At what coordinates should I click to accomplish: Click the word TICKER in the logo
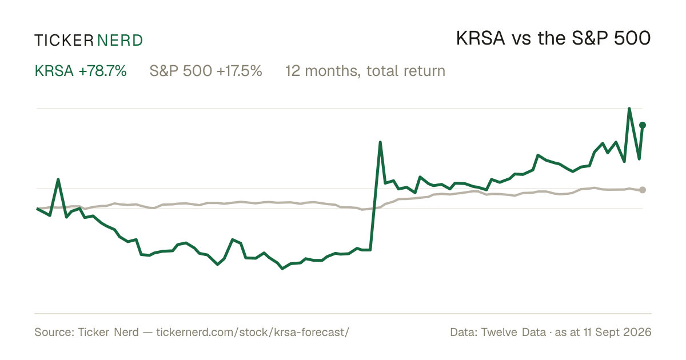[64, 41]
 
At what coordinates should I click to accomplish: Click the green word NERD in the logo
[120, 41]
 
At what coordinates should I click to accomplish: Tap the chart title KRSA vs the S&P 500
[553, 38]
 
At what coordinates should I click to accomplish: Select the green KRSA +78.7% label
[81, 71]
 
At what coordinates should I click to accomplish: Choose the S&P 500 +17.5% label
[206, 71]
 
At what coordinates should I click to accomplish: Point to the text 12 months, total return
[365, 71]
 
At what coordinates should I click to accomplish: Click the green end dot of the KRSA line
[643, 125]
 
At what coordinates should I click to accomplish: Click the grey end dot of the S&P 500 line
[643, 190]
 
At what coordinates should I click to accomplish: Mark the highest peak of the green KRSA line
[629, 109]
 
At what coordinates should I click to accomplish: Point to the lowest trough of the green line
[282, 269]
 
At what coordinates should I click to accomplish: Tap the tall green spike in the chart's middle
[380, 142]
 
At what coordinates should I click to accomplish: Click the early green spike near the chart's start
[58, 179]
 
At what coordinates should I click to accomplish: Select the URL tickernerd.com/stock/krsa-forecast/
[253, 332]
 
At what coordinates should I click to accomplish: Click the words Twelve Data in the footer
[513, 332]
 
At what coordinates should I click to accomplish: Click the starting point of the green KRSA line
[37, 209]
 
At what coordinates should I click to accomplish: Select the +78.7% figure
[102, 71]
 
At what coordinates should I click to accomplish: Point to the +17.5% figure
[239, 71]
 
